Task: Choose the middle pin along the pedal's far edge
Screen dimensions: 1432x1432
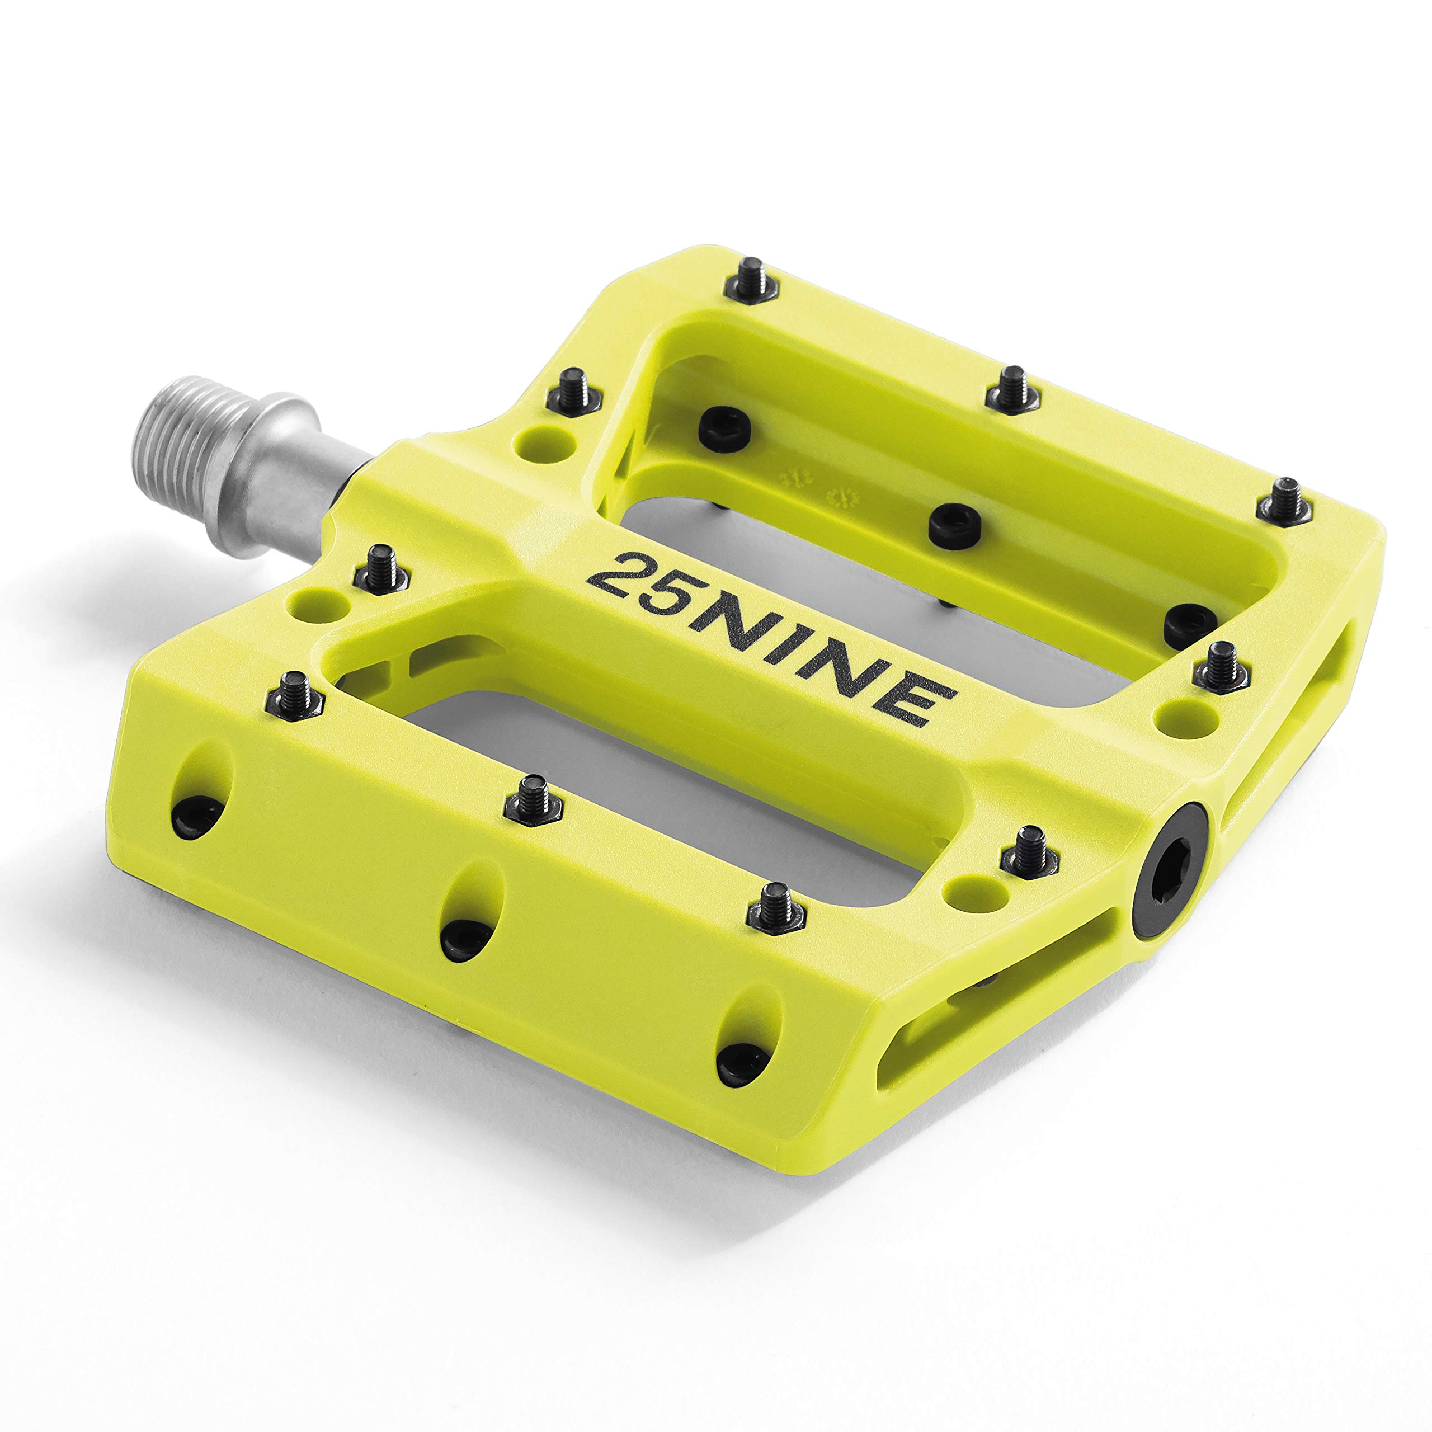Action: [1011, 389]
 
